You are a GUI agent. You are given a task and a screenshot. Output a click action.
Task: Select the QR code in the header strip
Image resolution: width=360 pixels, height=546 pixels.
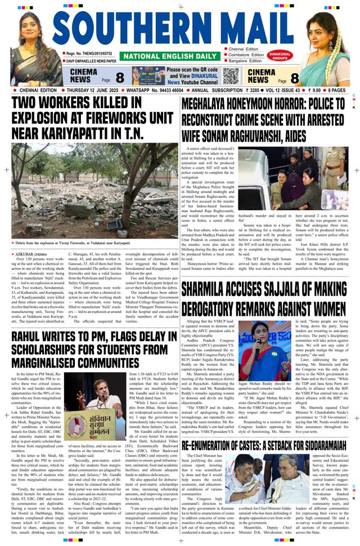click(231, 75)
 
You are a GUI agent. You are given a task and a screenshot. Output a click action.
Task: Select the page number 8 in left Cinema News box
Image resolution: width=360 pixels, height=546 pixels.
click(119, 78)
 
